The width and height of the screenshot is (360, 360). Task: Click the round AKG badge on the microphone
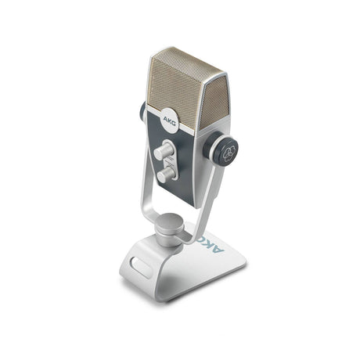coord(169,121)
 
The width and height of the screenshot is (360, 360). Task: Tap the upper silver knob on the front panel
coord(164,150)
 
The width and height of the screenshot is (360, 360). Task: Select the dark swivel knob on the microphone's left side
coord(142,112)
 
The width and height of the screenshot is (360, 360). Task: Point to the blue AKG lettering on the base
coord(213,243)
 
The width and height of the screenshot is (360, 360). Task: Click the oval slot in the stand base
coord(141,266)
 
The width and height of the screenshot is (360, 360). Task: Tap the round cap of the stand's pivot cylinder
coord(171,221)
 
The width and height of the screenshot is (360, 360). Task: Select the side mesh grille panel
coord(216,103)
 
